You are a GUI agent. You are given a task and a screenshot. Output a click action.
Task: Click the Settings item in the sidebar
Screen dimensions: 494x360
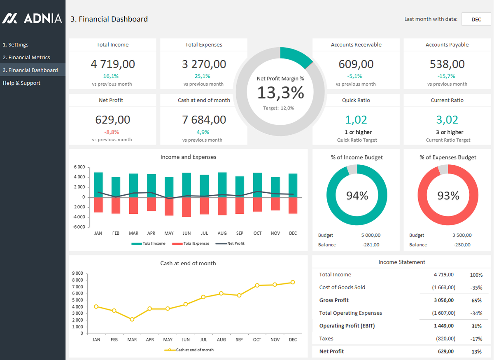tap(16, 44)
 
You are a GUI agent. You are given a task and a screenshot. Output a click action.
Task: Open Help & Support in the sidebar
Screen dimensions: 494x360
tap(21, 83)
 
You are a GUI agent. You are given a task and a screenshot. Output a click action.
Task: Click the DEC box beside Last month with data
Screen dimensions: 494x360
tap(476, 19)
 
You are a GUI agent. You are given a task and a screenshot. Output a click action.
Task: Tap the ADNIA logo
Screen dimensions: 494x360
tap(32, 18)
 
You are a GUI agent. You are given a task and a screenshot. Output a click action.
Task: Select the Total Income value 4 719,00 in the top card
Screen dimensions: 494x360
tap(113, 64)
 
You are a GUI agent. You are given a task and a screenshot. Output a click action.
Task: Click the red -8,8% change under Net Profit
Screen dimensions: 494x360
tap(112, 132)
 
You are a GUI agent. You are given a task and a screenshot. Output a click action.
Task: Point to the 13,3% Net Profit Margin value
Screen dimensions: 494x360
tap(280, 93)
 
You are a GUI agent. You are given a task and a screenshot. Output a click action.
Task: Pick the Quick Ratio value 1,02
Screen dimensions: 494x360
tap(356, 120)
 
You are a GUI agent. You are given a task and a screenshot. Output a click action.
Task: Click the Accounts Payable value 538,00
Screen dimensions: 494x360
tap(447, 64)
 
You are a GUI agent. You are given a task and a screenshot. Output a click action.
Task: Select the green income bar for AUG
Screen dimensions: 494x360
tap(222, 185)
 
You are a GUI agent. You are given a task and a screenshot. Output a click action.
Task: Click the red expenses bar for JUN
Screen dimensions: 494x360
tap(186, 207)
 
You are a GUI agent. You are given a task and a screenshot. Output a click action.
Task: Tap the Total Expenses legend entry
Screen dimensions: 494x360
tap(191, 243)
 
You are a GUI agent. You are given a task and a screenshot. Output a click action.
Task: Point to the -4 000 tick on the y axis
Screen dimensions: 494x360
tap(79, 217)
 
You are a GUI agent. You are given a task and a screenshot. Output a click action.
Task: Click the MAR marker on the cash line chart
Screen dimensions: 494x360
tap(132, 319)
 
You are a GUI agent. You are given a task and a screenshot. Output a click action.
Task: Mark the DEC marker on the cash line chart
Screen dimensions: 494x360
tap(293, 282)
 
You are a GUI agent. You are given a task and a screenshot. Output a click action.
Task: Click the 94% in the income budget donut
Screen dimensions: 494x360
tap(357, 196)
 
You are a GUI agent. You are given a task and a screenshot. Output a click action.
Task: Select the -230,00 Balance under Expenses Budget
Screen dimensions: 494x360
tap(462, 245)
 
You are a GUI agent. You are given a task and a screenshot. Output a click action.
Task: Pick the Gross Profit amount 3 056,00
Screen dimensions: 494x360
tap(444, 300)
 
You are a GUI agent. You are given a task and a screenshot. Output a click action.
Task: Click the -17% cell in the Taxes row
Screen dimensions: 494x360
tap(476, 339)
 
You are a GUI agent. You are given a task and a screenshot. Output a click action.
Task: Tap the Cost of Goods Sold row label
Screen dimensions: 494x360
tap(342, 288)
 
